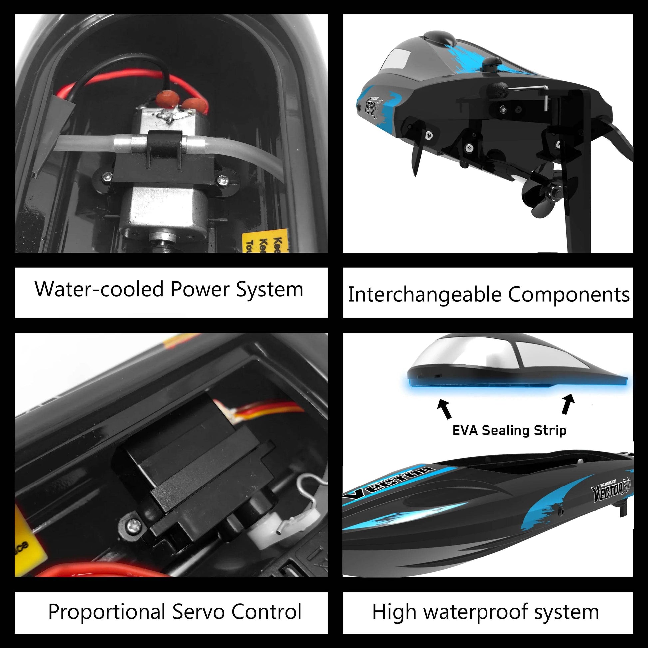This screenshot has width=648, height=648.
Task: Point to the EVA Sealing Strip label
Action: pos(509,430)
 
